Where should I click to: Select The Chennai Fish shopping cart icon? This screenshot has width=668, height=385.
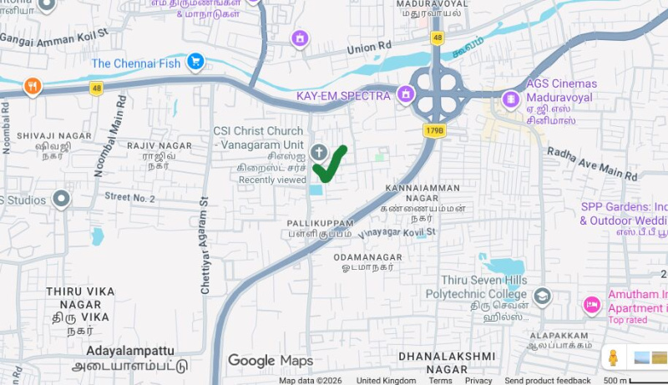[195, 61]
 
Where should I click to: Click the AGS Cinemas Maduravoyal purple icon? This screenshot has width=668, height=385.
[511, 99]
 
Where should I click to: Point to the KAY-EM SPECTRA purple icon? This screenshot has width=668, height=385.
[406, 94]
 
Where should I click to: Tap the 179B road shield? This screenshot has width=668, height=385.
[435, 130]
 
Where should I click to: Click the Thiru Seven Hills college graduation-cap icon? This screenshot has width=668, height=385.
[543, 296]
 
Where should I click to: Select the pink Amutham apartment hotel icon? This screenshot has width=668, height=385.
[592, 305]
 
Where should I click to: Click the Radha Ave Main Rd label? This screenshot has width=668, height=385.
[592, 165]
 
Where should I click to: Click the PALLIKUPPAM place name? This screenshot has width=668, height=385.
[321, 224]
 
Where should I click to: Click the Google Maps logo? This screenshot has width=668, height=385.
[270, 361]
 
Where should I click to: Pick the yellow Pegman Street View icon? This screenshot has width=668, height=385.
[614, 357]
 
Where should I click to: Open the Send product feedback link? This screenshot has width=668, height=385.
[547, 381]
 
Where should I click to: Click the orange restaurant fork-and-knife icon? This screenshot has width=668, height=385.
[33, 86]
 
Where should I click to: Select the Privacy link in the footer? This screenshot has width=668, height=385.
[478, 381]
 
